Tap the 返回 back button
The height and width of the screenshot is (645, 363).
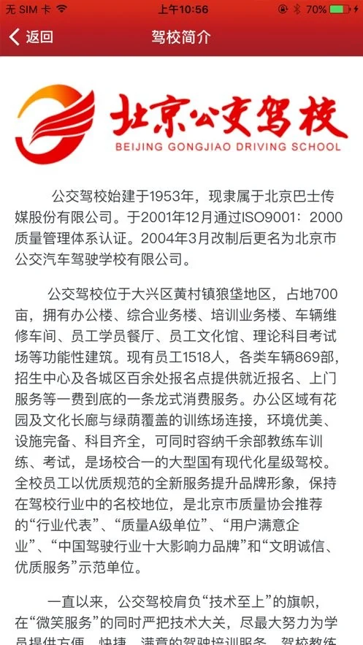pos(31,37)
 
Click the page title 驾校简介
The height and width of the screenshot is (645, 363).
pos(180,37)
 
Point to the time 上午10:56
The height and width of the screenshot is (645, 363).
pos(183,9)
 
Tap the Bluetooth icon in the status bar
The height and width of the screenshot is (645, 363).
pos(297,9)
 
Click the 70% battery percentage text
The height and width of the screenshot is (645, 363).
pos(316,9)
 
